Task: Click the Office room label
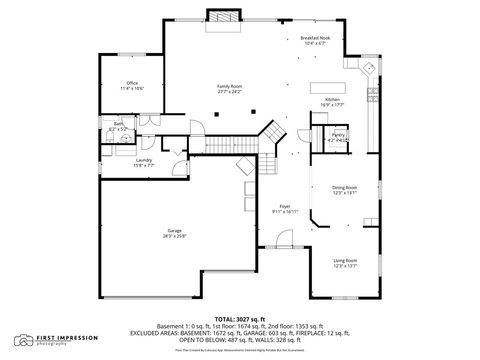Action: click(x=132, y=83)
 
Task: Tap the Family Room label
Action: click(x=231, y=86)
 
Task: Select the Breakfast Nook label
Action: click(x=317, y=38)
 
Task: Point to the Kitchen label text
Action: click(x=332, y=100)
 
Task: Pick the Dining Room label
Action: click(x=345, y=189)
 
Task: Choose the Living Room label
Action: click(x=345, y=261)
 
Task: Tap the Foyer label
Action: click(x=285, y=207)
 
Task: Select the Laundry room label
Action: click(x=144, y=160)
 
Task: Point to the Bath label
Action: click(x=118, y=125)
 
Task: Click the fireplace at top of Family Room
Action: click(x=226, y=17)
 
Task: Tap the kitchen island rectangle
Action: click(x=325, y=88)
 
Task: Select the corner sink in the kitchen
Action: click(x=369, y=68)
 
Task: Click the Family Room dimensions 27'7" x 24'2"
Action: click(x=231, y=91)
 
